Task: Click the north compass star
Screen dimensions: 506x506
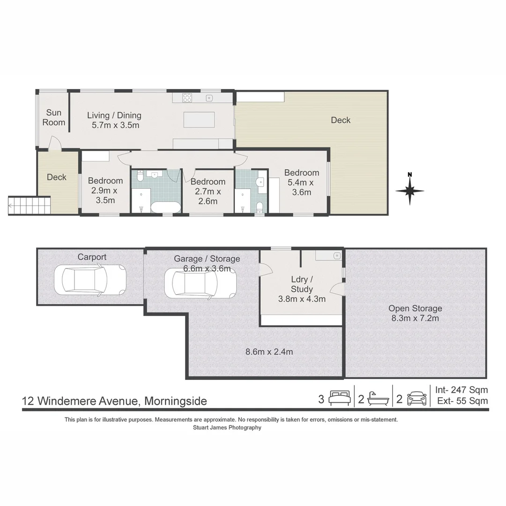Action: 410,190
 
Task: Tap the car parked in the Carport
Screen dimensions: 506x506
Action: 90,279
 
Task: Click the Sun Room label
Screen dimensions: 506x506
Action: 54,118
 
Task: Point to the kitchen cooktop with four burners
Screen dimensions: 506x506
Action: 187,97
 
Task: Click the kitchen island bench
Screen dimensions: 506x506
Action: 199,120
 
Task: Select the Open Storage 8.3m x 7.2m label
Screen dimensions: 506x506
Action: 415,313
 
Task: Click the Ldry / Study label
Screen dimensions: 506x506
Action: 302,284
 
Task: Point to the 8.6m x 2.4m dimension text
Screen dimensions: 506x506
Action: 269,352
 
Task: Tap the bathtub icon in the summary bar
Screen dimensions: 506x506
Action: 378,399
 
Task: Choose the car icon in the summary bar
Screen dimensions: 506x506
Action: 417,399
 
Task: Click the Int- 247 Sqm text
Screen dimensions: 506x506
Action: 461,390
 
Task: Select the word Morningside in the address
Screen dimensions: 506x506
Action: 176,401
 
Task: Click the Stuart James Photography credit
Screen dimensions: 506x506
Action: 227,428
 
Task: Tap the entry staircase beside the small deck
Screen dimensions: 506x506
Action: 30,205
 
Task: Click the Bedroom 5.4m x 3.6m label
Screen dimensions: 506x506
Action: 302,182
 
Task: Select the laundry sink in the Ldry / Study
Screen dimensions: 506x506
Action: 336,256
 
